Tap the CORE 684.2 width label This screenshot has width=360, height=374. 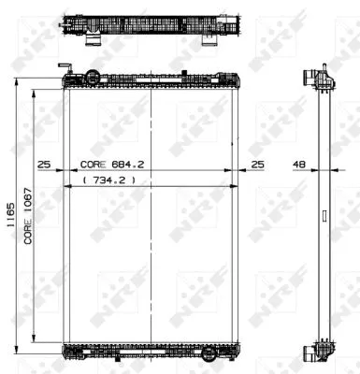click(118, 163)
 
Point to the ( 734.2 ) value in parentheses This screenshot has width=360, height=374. click(110, 178)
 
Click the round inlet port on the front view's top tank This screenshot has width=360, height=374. click(91, 76)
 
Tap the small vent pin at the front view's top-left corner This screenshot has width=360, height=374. click(65, 67)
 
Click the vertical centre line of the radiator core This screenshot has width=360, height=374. click(151, 215)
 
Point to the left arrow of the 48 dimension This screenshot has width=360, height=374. click(313, 171)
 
